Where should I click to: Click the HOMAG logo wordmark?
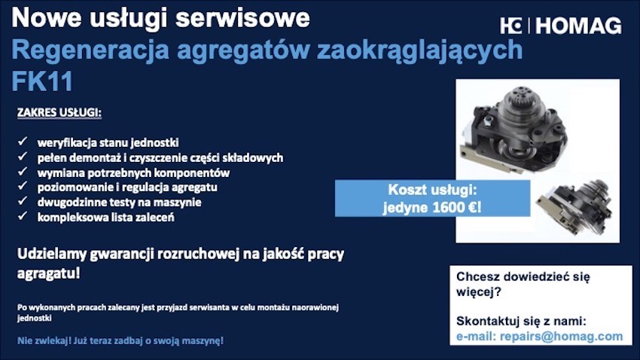[578, 26]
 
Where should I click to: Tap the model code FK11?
[42, 81]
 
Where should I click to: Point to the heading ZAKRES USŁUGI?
[59, 112]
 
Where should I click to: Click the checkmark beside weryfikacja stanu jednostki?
[23, 142]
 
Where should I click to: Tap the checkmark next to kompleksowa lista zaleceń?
[23, 215]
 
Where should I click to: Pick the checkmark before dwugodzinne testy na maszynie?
[23, 201]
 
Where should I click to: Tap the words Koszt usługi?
[432, 190]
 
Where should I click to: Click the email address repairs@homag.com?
[561, 337]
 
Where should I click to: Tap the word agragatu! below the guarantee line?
[49, 273]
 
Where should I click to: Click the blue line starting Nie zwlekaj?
[120, 340]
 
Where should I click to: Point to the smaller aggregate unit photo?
[574, 206]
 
